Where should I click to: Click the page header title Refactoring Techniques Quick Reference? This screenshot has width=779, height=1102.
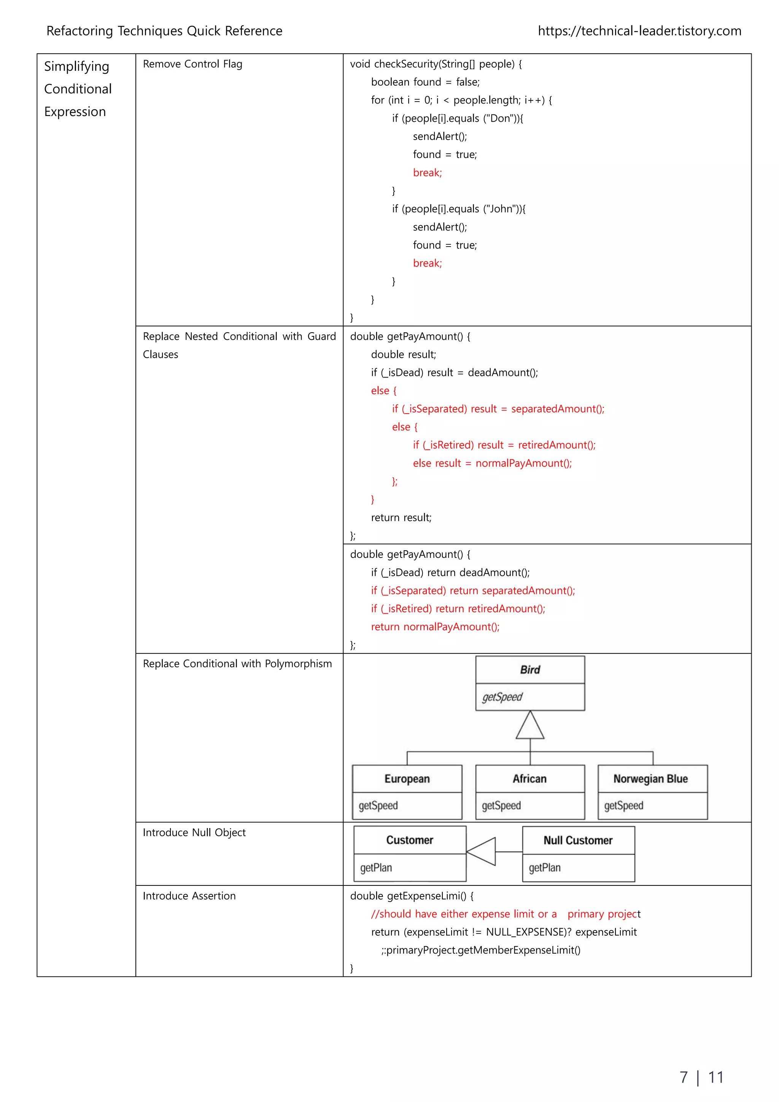point(164,31)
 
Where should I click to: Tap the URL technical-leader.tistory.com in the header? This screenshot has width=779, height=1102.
point(639,31)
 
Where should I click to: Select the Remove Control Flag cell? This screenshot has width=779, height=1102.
point(192,64)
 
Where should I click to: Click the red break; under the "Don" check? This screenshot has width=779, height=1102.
point(427,173)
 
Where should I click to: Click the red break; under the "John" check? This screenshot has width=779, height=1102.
point(427,263)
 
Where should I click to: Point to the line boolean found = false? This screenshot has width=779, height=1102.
point(425,82)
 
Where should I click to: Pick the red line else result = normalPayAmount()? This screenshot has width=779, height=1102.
point(492,463)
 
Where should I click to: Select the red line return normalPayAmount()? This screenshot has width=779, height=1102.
point(435,627)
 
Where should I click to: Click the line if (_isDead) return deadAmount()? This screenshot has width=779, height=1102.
point(450,573)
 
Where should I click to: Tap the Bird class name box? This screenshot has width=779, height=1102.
point(529,670)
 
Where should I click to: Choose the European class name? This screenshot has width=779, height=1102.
point(407,779)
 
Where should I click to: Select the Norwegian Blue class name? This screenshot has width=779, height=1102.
point(650,779)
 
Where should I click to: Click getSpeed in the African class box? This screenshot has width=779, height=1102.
point(501,806)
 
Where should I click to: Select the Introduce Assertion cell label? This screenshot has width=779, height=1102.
point(189,896)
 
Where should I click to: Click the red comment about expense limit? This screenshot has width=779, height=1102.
point(506,914)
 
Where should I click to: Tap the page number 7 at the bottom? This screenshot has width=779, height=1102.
point(684,1078)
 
